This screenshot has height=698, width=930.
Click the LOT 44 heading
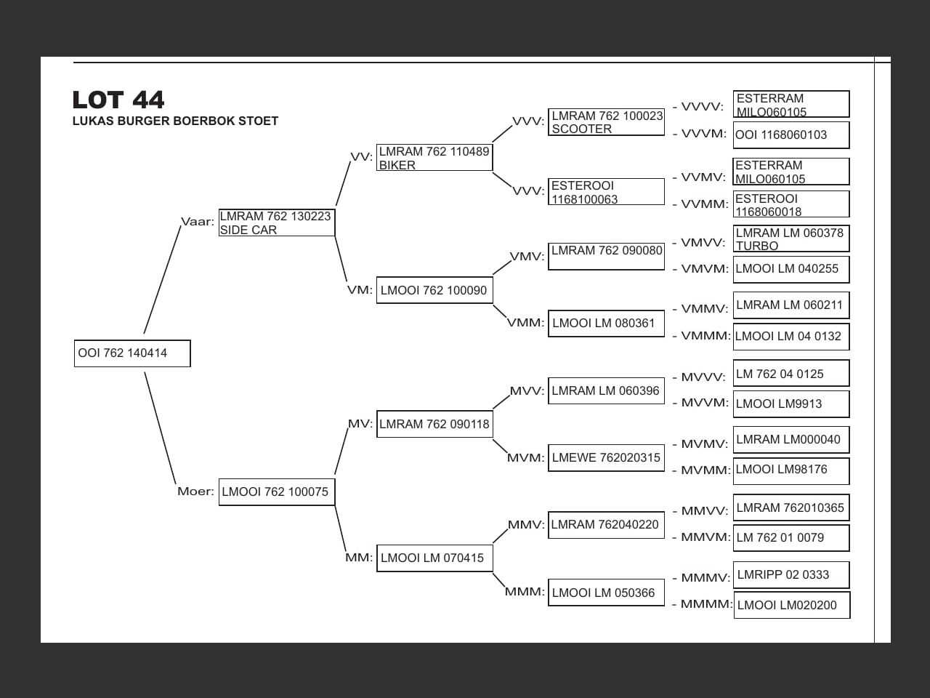tap(118, 100)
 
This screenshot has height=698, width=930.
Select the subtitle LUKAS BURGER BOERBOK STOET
tap(175, 121)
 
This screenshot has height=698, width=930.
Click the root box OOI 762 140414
tap(132, 353)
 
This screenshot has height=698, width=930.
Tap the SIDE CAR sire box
tap(276, 222)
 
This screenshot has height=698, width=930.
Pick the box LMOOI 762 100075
tap(276, 492)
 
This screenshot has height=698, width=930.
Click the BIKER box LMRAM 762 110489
tap(434, 158)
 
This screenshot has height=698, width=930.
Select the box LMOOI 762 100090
tap(434, 291)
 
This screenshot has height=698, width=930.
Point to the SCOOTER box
tap(606, 122)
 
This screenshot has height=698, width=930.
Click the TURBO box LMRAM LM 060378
tap(791, 239)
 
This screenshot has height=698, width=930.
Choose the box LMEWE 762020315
tap(606, 458)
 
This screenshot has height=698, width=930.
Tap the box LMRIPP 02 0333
tap(791, 575)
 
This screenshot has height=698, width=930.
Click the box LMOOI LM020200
tap(791, 605)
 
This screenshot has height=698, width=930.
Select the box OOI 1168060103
tap(791, 135)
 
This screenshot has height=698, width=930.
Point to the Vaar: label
tap(197, 222)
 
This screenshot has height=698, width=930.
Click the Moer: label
tap(195, 492)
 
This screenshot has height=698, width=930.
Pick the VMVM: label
tap(704, 269)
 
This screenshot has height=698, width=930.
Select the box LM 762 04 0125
tap(791, 374)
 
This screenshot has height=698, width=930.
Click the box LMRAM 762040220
tap(606, 525)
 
